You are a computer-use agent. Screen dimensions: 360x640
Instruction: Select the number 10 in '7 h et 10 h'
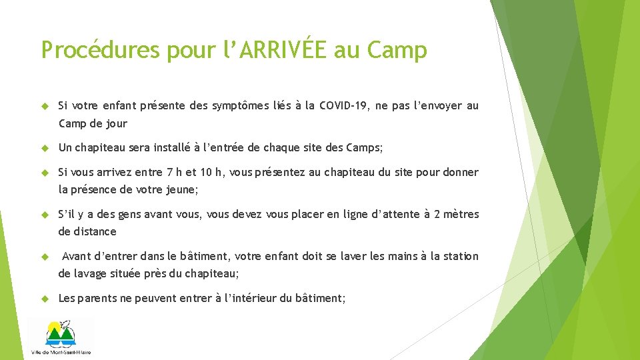[207, 173]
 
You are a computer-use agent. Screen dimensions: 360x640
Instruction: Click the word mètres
[459, 215]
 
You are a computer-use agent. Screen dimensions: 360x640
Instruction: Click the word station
[459, 257]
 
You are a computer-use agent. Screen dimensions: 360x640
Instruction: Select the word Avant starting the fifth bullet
[77, 257]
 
